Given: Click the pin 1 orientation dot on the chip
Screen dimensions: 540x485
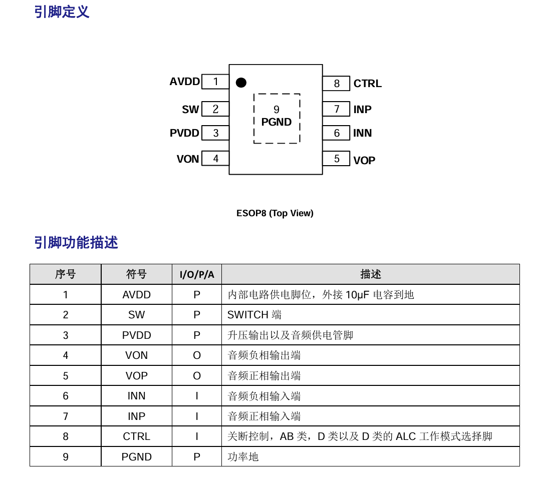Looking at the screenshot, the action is click(x=241, y=83).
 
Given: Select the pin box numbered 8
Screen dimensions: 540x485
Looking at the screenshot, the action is click(x=336, y=83).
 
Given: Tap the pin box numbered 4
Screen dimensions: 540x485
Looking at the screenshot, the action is click(x=215, y=158).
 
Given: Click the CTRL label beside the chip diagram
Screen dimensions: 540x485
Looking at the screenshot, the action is click(x=368, y=84).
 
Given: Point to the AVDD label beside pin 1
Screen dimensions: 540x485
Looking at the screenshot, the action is click(x=184, y=82).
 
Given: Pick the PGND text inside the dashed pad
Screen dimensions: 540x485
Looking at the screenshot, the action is click(x=276, y=122).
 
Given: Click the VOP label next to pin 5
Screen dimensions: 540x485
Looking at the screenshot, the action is click(x=364, y=160).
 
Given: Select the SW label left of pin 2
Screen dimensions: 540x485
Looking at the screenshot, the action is click(x=190, y=110).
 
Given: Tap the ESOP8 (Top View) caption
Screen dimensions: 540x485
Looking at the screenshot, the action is click(x=275, y=213).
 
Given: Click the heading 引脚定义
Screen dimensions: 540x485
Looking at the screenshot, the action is click(x=62, y=12).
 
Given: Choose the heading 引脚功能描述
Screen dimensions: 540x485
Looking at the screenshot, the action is click(x=76, y=242).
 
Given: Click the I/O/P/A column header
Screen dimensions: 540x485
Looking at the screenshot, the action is click(x=197, y=274).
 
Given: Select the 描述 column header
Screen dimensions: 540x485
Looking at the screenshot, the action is click(x=371, y=274).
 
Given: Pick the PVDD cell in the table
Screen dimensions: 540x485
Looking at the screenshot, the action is click(x=136, y=335).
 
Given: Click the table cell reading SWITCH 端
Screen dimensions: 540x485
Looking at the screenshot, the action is click(x=371, y=315).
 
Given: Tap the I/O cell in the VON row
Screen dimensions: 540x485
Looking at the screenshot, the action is click(x=197, y=355).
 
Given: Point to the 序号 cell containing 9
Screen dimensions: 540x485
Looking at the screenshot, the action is click(x=66, y=457).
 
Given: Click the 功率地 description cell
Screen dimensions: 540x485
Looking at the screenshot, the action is click(x=371, y=457).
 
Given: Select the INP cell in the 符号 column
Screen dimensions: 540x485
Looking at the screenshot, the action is click(x=136, y=416).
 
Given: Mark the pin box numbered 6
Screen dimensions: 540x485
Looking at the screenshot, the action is click(x=336, y=133).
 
